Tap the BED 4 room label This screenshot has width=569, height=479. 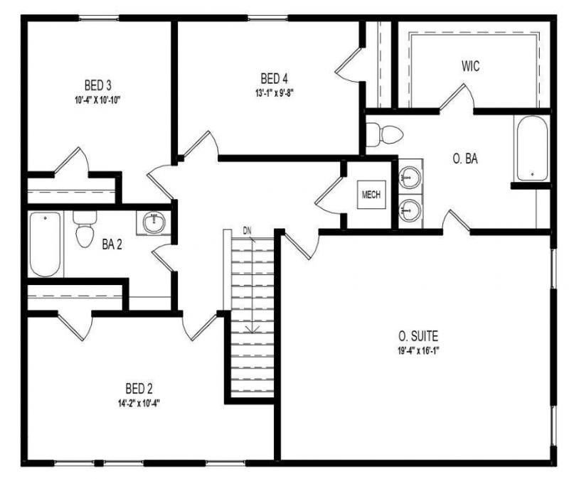point(274,78)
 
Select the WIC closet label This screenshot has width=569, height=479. point(469,67)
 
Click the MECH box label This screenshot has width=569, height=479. point(371,193)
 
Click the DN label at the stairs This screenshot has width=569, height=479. point(247,230)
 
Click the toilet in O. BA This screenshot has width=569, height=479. point(384,133)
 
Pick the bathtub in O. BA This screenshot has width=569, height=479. point(531,149)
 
